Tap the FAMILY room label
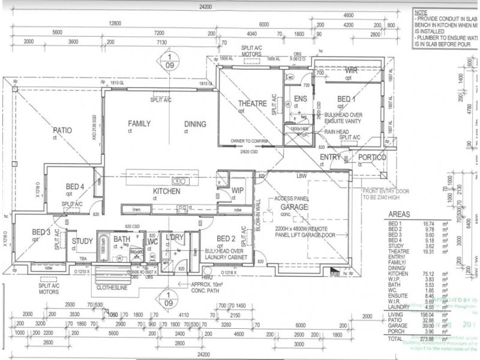point(139,124)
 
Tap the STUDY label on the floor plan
point(82,242)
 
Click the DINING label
point(195,124)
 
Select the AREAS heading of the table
point(400,213)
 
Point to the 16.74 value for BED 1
point(427,222)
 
